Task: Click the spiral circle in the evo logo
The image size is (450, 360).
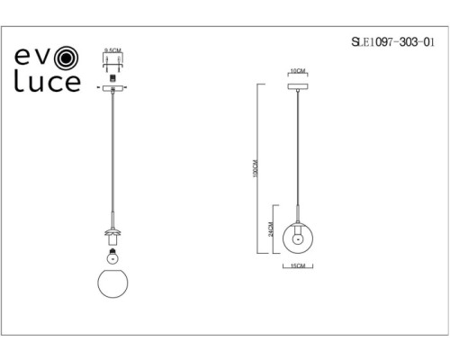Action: coord(67,58)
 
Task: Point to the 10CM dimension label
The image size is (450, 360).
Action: coord(296,71)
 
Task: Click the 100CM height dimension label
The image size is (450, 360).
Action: coord(256,167)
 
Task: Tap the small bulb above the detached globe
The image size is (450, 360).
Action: coord(112,254)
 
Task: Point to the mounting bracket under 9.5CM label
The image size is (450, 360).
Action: coord(112,64)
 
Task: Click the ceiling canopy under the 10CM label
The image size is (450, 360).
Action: coord(296,86)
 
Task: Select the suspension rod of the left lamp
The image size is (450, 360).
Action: coord(112,153)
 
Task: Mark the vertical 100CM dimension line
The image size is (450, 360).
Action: coord(261,135)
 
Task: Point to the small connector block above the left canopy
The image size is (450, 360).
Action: coord(112,78)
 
